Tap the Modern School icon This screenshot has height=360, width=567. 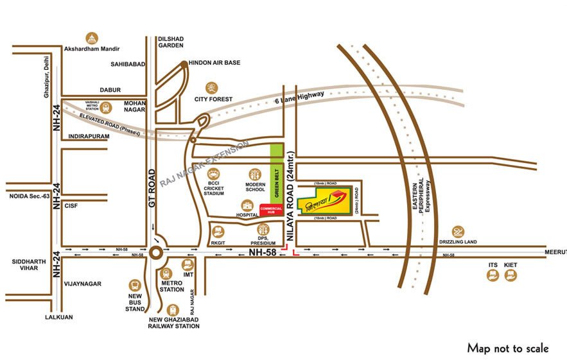[255, 173]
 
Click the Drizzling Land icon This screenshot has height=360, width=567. [457, 232]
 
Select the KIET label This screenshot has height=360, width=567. [510, 264]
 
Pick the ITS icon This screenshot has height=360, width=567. [492, 275]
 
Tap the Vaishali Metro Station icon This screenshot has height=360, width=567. [105, 108]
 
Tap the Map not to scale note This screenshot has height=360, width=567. [507, 348]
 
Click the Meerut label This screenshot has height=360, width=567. [556, 251]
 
